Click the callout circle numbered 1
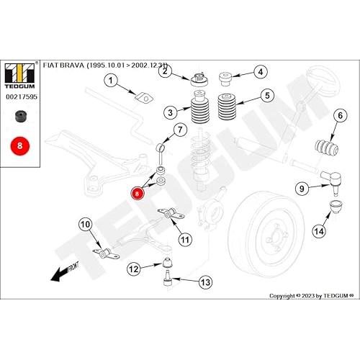(111, 81)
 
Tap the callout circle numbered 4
(261, 72)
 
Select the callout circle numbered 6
(340, 115)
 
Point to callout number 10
(85, 225)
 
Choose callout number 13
(206, 282)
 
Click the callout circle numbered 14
(319, 231)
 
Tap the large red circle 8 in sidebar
(20, 145)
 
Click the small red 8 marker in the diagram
(137, 194)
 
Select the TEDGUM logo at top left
(20, 76)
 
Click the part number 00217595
(22, 96)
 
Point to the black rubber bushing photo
(20, 116)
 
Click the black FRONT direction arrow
(63, 273)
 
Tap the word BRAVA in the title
(72, 66)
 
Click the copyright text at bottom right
(312, 296)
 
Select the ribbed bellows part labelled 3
(200, 107)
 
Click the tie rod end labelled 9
(333, 182)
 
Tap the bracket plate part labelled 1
(144, 98)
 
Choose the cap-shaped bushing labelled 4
(225, 78)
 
